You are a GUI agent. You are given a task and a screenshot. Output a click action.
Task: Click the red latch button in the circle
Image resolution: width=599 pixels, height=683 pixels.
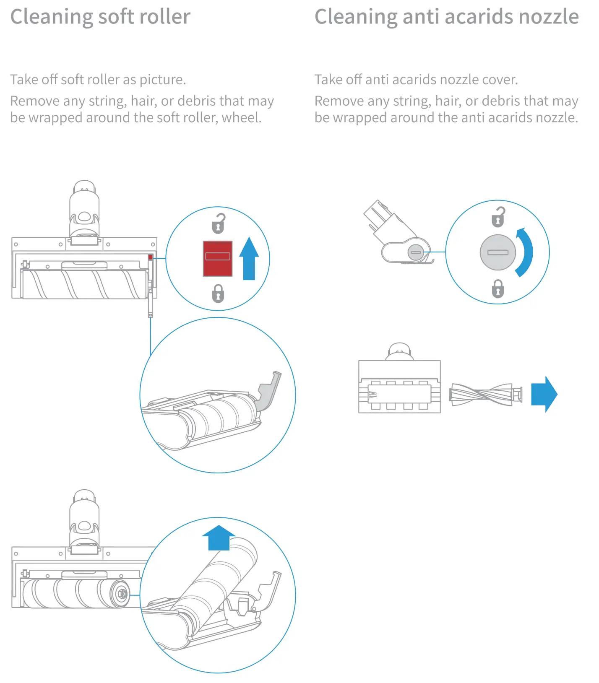pyautogui.click(x=217, y=258)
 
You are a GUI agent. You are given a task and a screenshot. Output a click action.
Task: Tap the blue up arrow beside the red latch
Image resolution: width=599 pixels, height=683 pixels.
pyautogui.click(x=249, y=259)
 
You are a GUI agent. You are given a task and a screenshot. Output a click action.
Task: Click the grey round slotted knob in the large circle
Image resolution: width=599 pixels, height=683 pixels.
pyautogui.click(x=497, y=252)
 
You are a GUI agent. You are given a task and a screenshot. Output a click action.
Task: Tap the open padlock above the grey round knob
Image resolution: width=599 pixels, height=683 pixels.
pyautogui.click(x=498, y=217)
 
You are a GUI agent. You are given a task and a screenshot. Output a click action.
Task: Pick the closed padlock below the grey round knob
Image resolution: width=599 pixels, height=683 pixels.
pyautogui.click(x=497, y=289)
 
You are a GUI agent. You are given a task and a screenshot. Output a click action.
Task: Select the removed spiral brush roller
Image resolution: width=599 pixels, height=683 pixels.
pyautogui.click(x=486, y=395)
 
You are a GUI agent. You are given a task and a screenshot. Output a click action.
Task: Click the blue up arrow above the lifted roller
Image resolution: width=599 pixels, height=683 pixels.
pyautogui.click(x=219, y=538)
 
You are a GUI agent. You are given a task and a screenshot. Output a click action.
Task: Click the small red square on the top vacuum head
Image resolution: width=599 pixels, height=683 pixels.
pyautogui.click(x=150, y=257)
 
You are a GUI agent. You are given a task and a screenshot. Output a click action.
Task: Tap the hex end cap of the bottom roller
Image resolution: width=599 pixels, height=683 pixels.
pyautogui.click(x=122, y=593)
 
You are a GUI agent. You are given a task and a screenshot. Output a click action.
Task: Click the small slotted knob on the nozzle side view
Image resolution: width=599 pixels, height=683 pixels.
pyautogui.click(x=415, y=252)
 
